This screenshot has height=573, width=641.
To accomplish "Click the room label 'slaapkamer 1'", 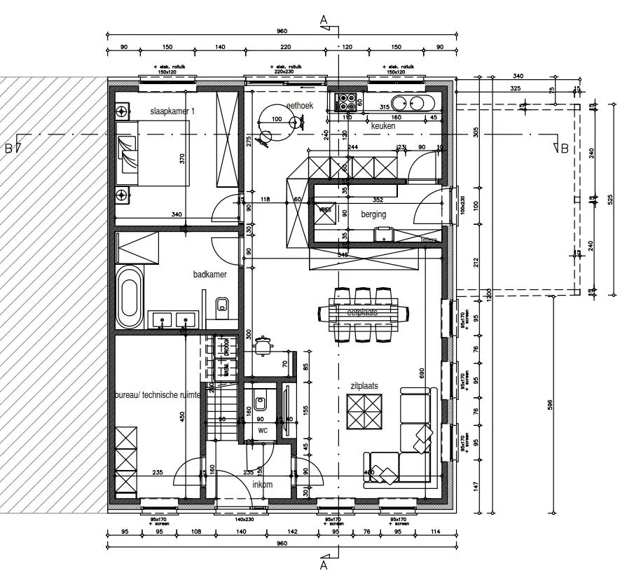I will [172, 111].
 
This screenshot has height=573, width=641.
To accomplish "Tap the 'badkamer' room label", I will [210, 275].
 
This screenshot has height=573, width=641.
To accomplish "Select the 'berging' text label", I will [373, 214].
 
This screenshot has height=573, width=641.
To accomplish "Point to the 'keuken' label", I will [383, 126].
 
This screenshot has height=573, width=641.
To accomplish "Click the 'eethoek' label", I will [299, 106].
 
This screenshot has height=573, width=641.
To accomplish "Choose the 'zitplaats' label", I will [364, 386].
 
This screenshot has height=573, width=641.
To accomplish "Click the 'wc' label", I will [263, 429].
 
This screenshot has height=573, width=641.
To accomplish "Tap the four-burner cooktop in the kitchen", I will [346, 102].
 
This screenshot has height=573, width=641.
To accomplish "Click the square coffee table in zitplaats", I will [365, 413].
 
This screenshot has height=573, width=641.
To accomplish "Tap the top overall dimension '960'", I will [282, 32].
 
